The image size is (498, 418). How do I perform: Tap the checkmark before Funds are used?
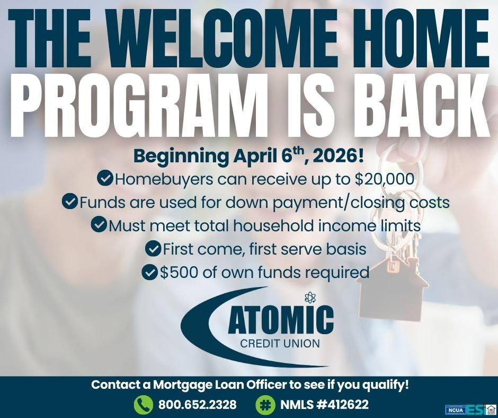[x=70, y=202]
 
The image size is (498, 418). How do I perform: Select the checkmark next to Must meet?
[x=99, y=225]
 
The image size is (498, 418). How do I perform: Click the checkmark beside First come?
[x=153, y=248]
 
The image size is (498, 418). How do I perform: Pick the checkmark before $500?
[x=150, y=272]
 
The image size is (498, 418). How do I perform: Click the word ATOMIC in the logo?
[x=281, y=320]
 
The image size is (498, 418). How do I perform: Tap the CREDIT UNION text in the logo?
[x=280, y=344]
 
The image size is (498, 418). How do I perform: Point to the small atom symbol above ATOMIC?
[x=310, y=298]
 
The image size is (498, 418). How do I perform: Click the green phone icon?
[x=143, y=405]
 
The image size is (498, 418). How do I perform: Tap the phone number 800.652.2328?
[x=197, y=405]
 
